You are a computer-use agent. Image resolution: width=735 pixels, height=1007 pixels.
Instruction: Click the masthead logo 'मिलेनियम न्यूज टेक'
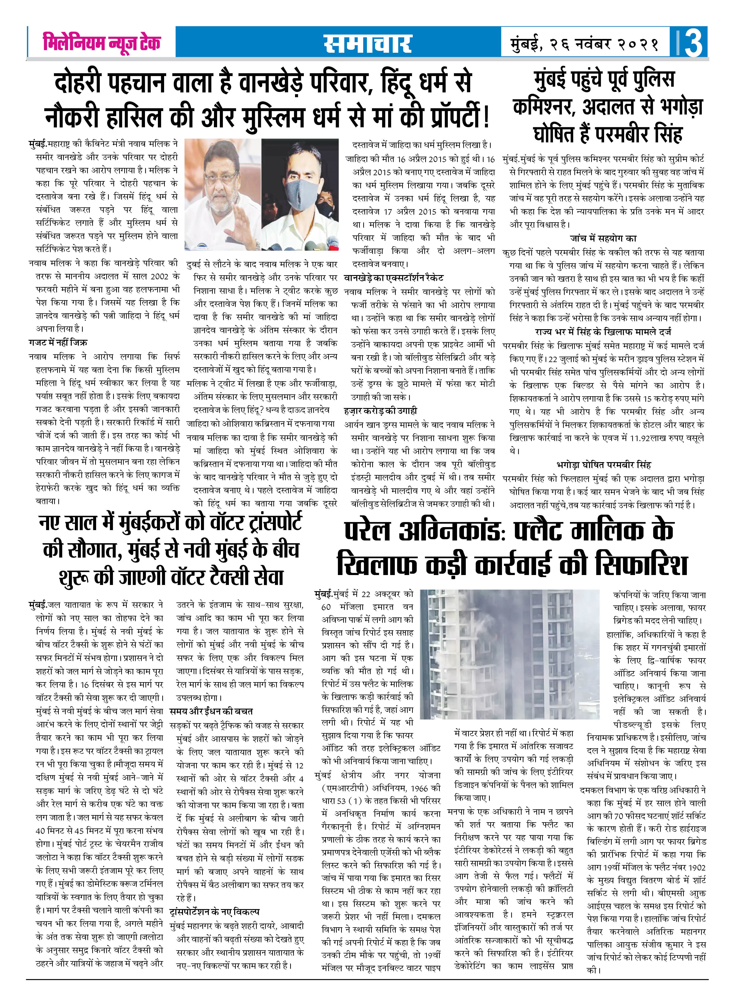pyautogui.click(x=101, y=43)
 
